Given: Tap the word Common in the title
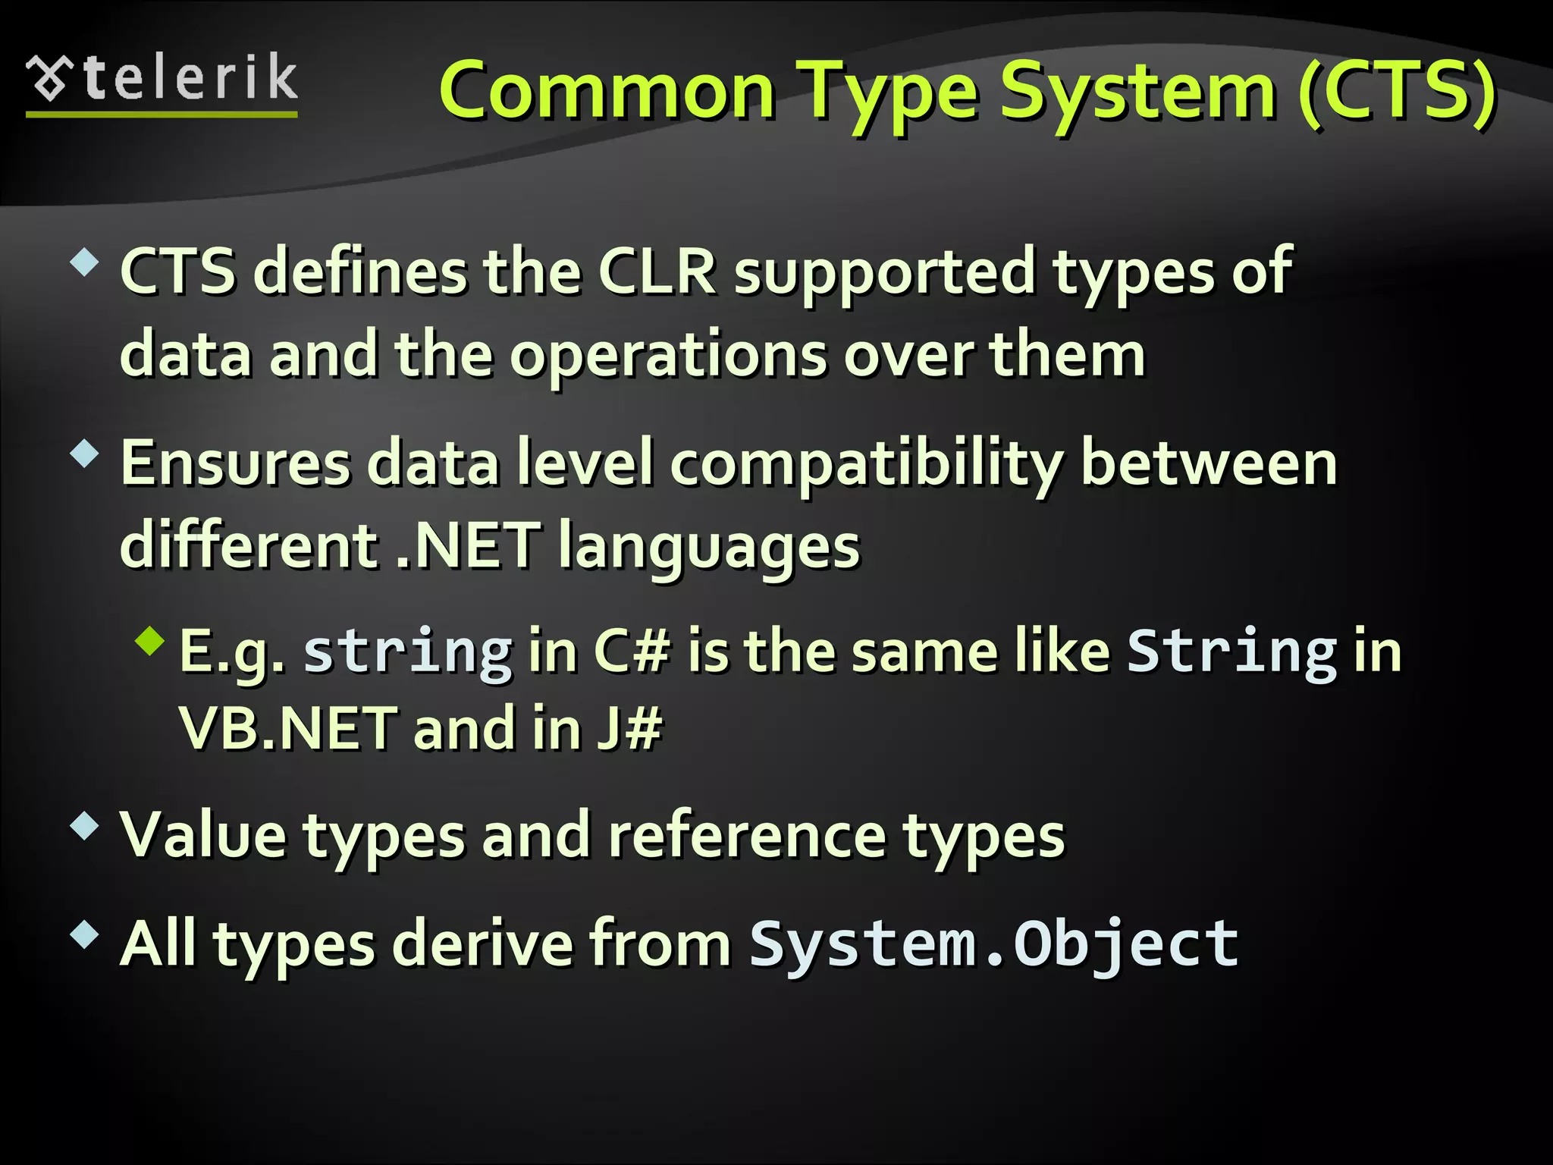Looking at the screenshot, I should pos(607,93).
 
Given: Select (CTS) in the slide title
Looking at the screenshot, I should pos(1397,93).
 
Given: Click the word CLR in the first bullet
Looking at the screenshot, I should pos(657,271).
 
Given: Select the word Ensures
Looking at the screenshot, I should pos(236,463).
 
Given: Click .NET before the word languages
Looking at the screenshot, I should pos(469,545).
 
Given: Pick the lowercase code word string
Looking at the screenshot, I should pos(408,652).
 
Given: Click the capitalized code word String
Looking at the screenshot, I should pos(1232,652).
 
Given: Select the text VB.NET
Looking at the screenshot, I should pos(288,728).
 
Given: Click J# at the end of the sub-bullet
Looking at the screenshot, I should pos(629,728).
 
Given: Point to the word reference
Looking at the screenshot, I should pos(747,836).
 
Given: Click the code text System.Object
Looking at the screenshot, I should pos(993,944).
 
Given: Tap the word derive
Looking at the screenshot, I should pos(483,944).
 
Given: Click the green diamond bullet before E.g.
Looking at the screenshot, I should pos(150,640).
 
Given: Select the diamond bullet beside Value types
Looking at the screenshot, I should pos(84,825).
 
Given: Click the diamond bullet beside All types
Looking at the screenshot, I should pos(84,934).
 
